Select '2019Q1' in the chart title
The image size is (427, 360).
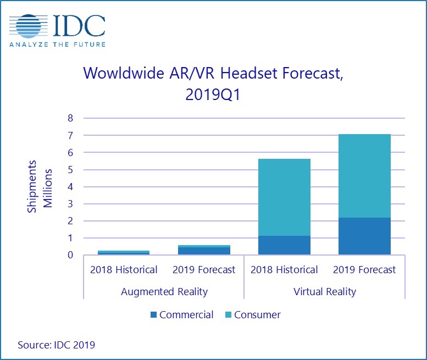click(213, 95)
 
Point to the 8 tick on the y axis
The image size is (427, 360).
click(70, 118)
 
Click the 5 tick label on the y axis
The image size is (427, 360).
click(70, 169)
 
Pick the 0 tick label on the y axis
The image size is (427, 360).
click(70, 255)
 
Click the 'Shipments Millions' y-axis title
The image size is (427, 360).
click(40, 187)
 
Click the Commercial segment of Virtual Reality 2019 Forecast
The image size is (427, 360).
click(364, 236)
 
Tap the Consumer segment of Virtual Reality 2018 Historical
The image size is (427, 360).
click(284, 197)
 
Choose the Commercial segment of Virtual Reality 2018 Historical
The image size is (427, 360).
click(284, 245)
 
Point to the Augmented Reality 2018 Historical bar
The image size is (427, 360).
click(123, 253)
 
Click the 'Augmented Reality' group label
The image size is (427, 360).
click(164, 291)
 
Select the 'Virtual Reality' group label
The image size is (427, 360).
click(325, 291)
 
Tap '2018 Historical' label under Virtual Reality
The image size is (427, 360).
click(284, 270)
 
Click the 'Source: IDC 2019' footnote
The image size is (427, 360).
click(56, 345)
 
